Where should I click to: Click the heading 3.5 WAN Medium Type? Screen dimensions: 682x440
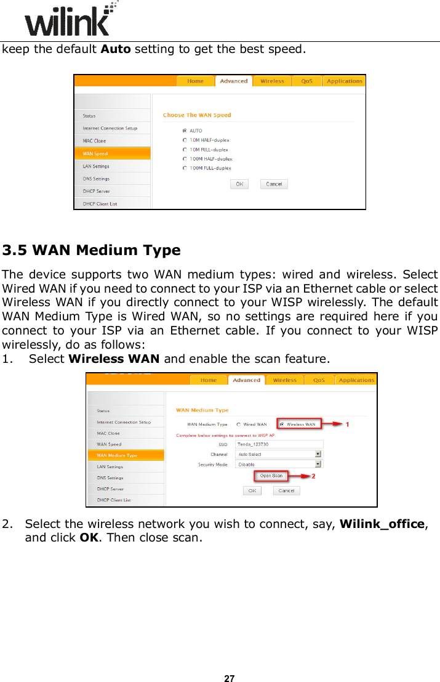pyautogui.click(x=91, y=250)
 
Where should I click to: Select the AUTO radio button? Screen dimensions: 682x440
pyautogui.click(x=185, y=131)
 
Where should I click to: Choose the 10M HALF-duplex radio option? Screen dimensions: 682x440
pyautogui.click(x=185, y=140)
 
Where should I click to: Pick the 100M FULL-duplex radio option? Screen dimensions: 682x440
pyautogui.click(x=185, y=168)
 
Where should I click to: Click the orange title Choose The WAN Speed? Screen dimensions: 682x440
pyautogui.click(x=197, y=115)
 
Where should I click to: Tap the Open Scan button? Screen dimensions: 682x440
pyautogui.click(x=271, y=476)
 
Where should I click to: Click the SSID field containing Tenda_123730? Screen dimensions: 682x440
pyautogui.click(x=279, y=444)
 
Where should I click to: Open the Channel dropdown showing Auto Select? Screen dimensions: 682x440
pyautogui.click(x=279, y=454)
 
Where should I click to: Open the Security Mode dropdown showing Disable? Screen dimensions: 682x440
pyautogui.click(x=279, y=464)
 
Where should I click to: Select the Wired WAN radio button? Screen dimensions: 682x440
pyautogui.click(x=239, y=424)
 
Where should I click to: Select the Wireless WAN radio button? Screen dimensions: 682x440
pyautogui.click(x=282, y=424)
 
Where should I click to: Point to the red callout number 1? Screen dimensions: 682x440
pyautogui.click(x=347, y=424)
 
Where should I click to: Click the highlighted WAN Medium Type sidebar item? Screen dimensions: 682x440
pyautogui.click(x=125, y=455)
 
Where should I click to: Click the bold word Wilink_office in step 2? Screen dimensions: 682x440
pyautogui.click(x=382, y=524)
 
